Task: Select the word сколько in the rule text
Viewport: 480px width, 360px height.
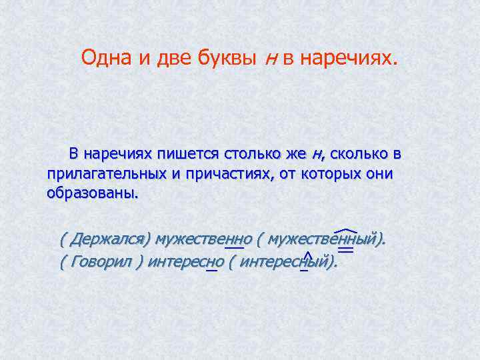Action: tap(359, 155)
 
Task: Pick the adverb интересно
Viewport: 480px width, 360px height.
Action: tap(186, 261)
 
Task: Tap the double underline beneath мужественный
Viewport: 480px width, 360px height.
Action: tap(346, 249)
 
